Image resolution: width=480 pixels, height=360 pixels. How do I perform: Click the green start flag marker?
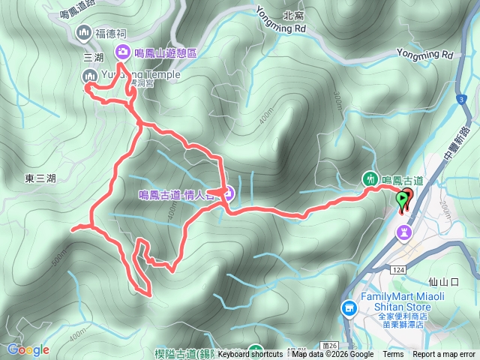[403, 200]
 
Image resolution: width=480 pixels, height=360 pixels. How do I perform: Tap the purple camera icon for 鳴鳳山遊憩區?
[121, 52]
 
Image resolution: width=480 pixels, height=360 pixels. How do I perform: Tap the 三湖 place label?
[93, 57]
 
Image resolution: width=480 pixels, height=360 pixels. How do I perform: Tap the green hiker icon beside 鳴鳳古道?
[370, 178]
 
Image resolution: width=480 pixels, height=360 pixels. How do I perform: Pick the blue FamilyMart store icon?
[348, 307]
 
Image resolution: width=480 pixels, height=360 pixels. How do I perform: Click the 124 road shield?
[397, 268]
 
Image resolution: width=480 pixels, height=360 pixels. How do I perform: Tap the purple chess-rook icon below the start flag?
[404, 233]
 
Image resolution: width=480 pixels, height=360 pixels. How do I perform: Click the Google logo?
[28, 349]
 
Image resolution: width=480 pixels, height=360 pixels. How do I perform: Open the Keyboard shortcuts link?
[250, 355]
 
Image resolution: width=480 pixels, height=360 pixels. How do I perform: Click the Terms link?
[393, 355]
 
